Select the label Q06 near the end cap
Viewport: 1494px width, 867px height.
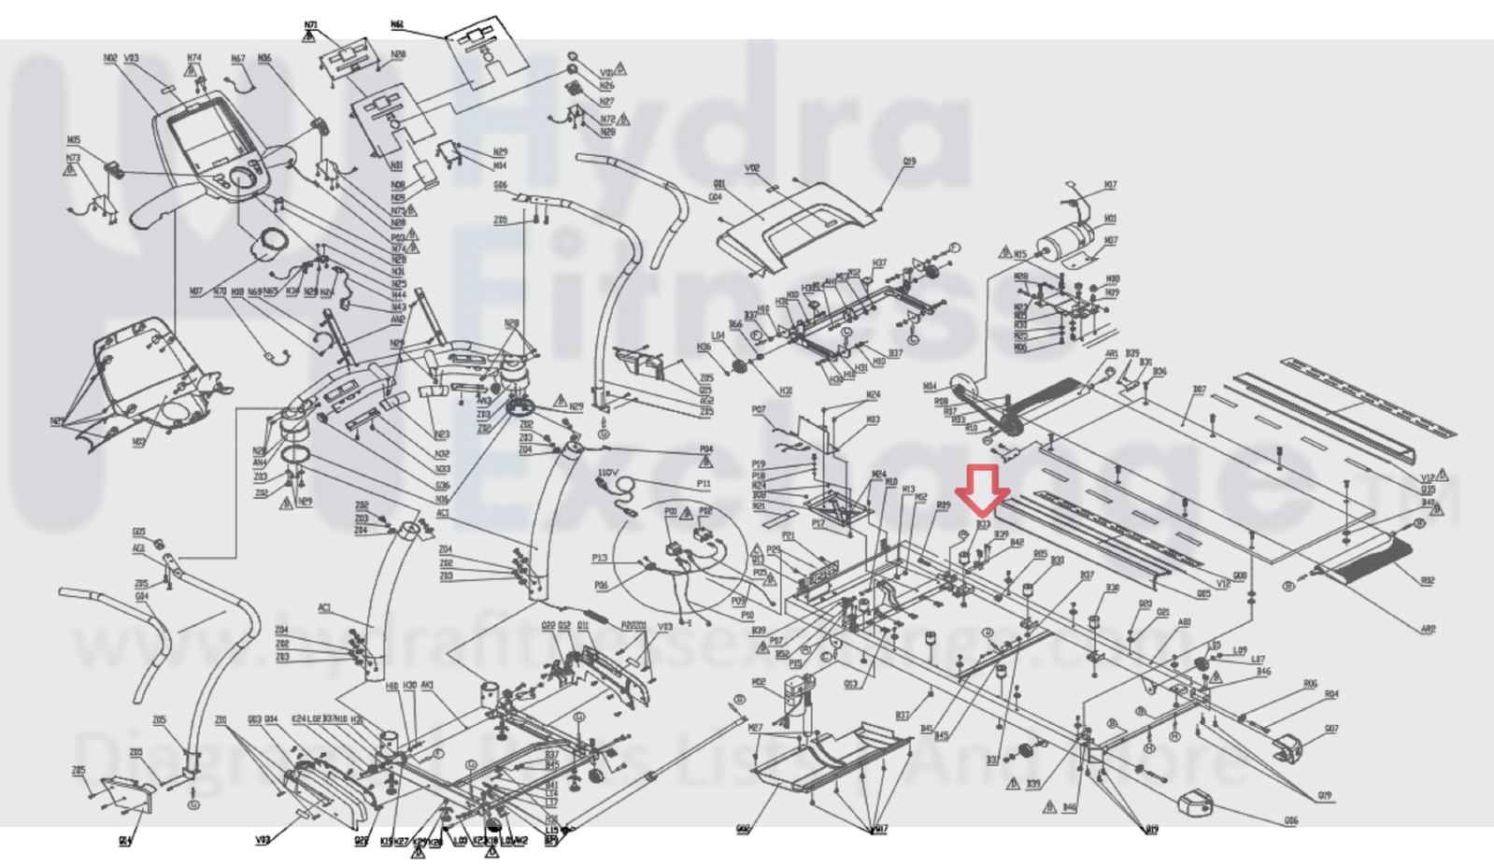coord(1290,821)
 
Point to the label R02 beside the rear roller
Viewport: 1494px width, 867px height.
coord(1427,581)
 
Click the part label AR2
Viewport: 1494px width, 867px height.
coord(1428,630)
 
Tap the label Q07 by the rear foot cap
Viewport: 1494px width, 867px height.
coord(1330,729)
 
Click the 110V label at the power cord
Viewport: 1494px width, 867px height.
coord(606,474)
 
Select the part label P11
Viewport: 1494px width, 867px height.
coord(703,484)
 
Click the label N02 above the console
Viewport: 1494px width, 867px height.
coord(110,58)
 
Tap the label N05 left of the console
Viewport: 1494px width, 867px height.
coord(74,140)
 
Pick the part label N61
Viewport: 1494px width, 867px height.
coord(397,24)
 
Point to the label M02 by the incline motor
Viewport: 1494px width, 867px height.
coord(759,682)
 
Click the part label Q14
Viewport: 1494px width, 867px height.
coord(125,841)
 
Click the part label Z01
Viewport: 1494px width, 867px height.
coord(221,720)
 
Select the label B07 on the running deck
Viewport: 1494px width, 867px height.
coord(1199,390)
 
